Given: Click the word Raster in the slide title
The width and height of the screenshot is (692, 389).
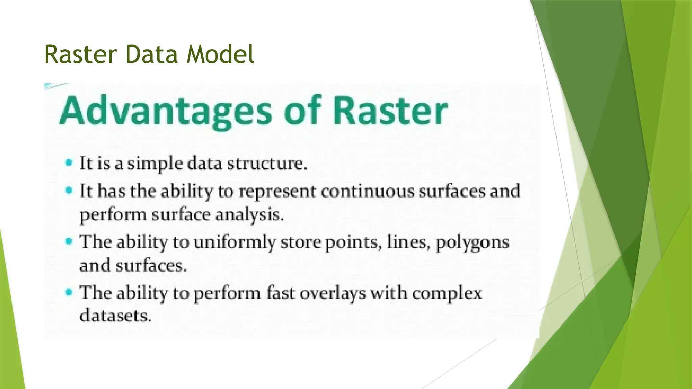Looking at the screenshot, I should click(x=80, y=55).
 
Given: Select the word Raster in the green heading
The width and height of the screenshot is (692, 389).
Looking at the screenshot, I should click(x=390, y=111).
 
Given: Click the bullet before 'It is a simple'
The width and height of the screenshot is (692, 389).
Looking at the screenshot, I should click(x=69, y=163).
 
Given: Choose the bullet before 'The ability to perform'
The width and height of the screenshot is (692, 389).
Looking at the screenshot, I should click(x=69, y=292).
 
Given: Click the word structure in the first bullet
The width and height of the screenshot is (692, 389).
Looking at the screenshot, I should click(x=267, y=164).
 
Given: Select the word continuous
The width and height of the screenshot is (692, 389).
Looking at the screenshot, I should click(x=367, y=191).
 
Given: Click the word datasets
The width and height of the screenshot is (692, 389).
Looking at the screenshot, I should click(x=115, y=316).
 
